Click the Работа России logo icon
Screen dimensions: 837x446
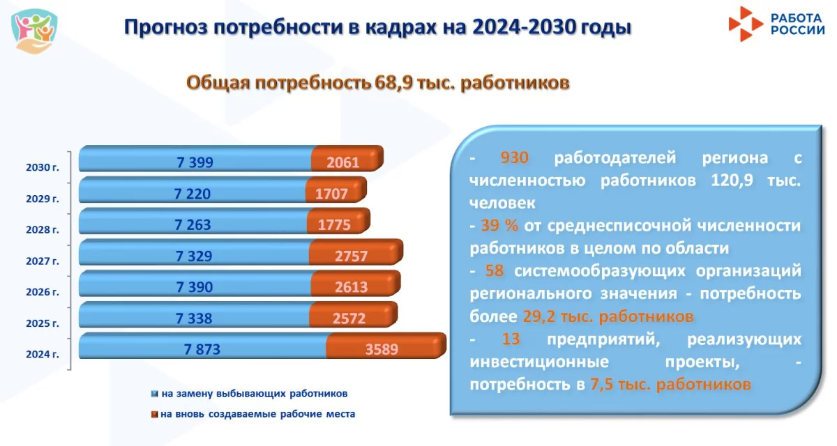[x=746, y=24]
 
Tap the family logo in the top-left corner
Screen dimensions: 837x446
[x=34, y=31]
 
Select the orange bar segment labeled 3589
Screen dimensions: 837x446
[x=386, y=346]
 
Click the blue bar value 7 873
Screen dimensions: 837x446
[x=202, y=349]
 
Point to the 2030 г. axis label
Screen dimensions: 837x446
[x=43, y=167]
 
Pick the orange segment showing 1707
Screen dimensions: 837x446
[x=335, y=190]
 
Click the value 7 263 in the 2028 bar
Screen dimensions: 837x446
[x=193, y=224]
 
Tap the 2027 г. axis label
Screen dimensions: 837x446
[x=43, y=261]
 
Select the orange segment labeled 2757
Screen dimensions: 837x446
[x=356, y=252]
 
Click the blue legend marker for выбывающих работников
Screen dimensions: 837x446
[x=154, y=394]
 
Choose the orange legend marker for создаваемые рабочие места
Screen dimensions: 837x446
[x=154, y=414]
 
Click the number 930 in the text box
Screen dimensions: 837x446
[x=514, y=157]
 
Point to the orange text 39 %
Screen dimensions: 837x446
[x=499, y=225]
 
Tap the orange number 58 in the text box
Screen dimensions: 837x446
[x=495, y=270]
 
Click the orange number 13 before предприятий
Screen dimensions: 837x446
[x=511, y=339]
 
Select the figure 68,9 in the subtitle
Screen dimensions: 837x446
[x=394, y=82]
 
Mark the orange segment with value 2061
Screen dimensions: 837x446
[x=347, y=159]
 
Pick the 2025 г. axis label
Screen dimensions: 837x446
[x=43, y=323]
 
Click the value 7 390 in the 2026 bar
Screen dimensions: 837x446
[x=195, y=287]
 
